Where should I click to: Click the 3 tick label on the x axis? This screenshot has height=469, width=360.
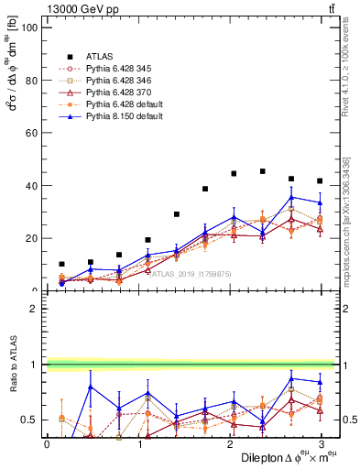tap(321, 444)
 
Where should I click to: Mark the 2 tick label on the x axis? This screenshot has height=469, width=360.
tap(230, 444)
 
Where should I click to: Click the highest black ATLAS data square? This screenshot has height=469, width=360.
tap(263, 171)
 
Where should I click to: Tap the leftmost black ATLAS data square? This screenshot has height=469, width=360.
tap(61, 264)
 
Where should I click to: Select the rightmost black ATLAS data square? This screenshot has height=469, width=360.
tap(320, 180)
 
